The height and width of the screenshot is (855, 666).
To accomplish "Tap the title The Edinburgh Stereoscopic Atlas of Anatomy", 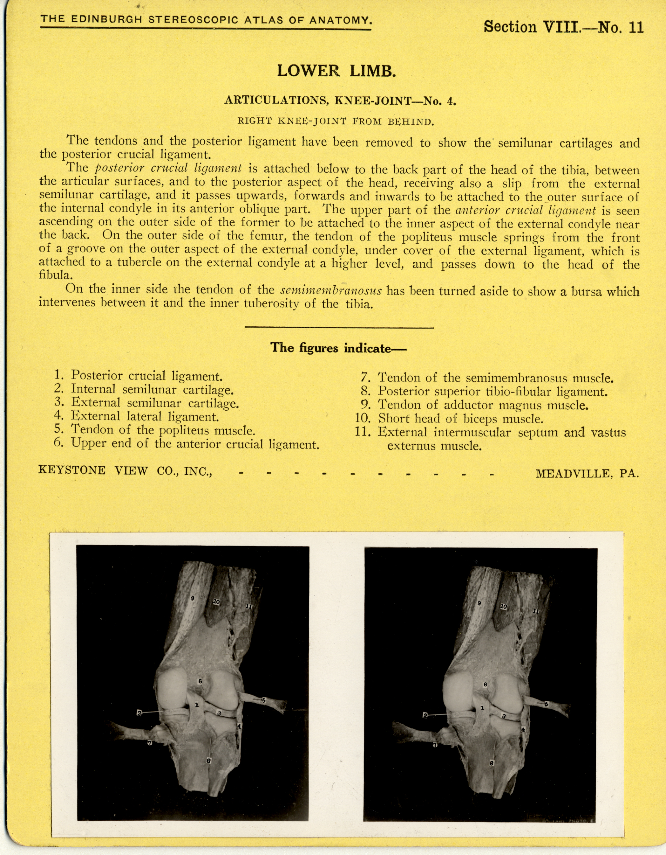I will pyautogui.click(x=206, y=20).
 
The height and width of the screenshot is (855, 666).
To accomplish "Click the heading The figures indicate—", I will pyautogui.click(x=339, y=348).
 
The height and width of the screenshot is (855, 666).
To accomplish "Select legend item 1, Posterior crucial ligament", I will pyautogui.click(x=139, y=376).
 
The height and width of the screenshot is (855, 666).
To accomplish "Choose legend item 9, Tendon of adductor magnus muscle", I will pyautogui.click(x=475, y=405).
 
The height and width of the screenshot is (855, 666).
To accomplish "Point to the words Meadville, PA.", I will pyautogui.click(x=587, y=473).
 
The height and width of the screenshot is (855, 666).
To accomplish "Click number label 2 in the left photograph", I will pyautogui.click(x=139, y=713).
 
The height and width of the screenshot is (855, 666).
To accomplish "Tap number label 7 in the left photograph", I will pyautogui.click(x=149, y=743).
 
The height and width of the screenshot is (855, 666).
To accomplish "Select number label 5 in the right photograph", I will pyautogui.click(x=546, y=704).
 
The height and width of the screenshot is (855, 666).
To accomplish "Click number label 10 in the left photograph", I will pyautogui.click(x=216, y=602).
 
